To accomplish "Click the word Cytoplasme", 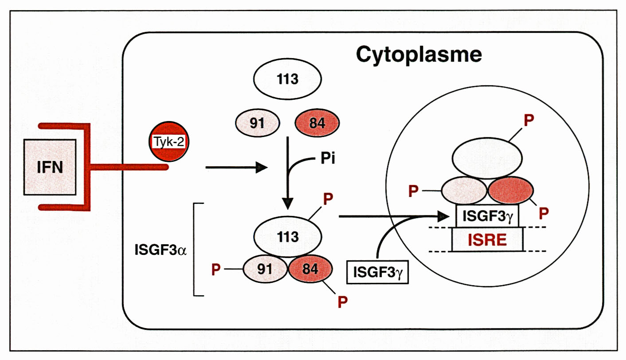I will [x=419, y=55].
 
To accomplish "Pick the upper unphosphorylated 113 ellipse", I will [x=287, y=80].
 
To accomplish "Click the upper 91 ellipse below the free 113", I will [x=257, y=123].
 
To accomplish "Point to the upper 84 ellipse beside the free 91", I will [x=317, y=123].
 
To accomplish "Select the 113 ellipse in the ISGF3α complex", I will [x=287, y=237].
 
